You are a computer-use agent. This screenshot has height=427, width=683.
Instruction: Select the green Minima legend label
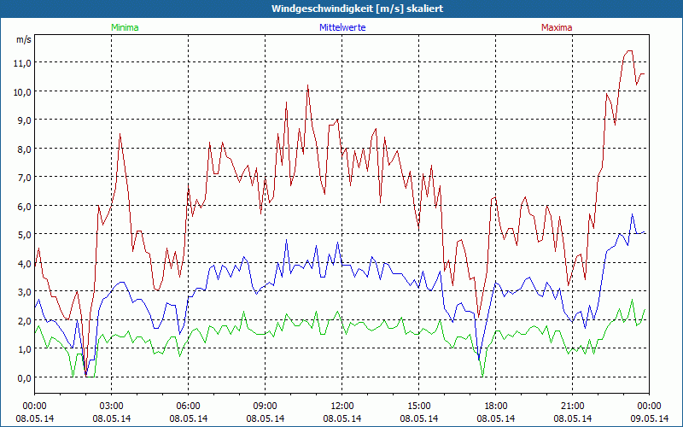point(124,27)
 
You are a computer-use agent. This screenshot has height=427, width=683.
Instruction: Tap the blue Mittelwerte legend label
point(342,27)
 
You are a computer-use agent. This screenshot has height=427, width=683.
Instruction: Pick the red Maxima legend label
point(557,27)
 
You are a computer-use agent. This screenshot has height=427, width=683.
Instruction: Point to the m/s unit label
point(23,39)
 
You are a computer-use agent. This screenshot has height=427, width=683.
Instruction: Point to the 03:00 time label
point(112,406)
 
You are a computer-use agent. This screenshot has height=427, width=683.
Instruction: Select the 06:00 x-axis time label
point(189,406)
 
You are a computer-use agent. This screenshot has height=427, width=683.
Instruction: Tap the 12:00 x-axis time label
point(342,406)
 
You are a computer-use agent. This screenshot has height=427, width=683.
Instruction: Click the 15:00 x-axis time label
point(419,406)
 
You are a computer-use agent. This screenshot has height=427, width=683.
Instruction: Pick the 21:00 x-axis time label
point(573,406)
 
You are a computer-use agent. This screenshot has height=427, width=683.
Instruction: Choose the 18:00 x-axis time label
point(496,406)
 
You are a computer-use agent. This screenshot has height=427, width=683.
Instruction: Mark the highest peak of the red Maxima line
point(629,50)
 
